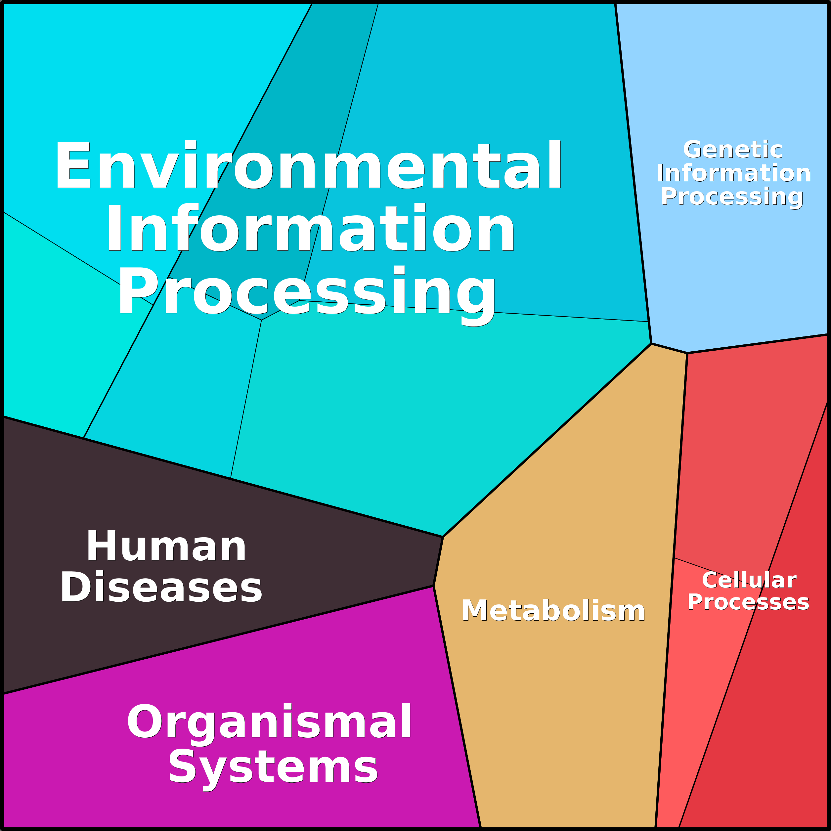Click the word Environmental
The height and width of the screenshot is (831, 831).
(x=308, y=166)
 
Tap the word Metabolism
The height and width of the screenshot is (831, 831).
(x=553, y=610)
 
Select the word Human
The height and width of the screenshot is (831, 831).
(x=166, y=547)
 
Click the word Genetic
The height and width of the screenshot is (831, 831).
(x=732, y=150)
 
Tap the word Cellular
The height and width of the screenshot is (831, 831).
(x=749, y=580)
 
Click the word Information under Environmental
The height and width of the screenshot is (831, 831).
(x=310, y=228)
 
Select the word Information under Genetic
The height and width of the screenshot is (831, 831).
(x=733, y=173)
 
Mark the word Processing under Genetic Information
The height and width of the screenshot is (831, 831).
(x=732, y=197)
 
